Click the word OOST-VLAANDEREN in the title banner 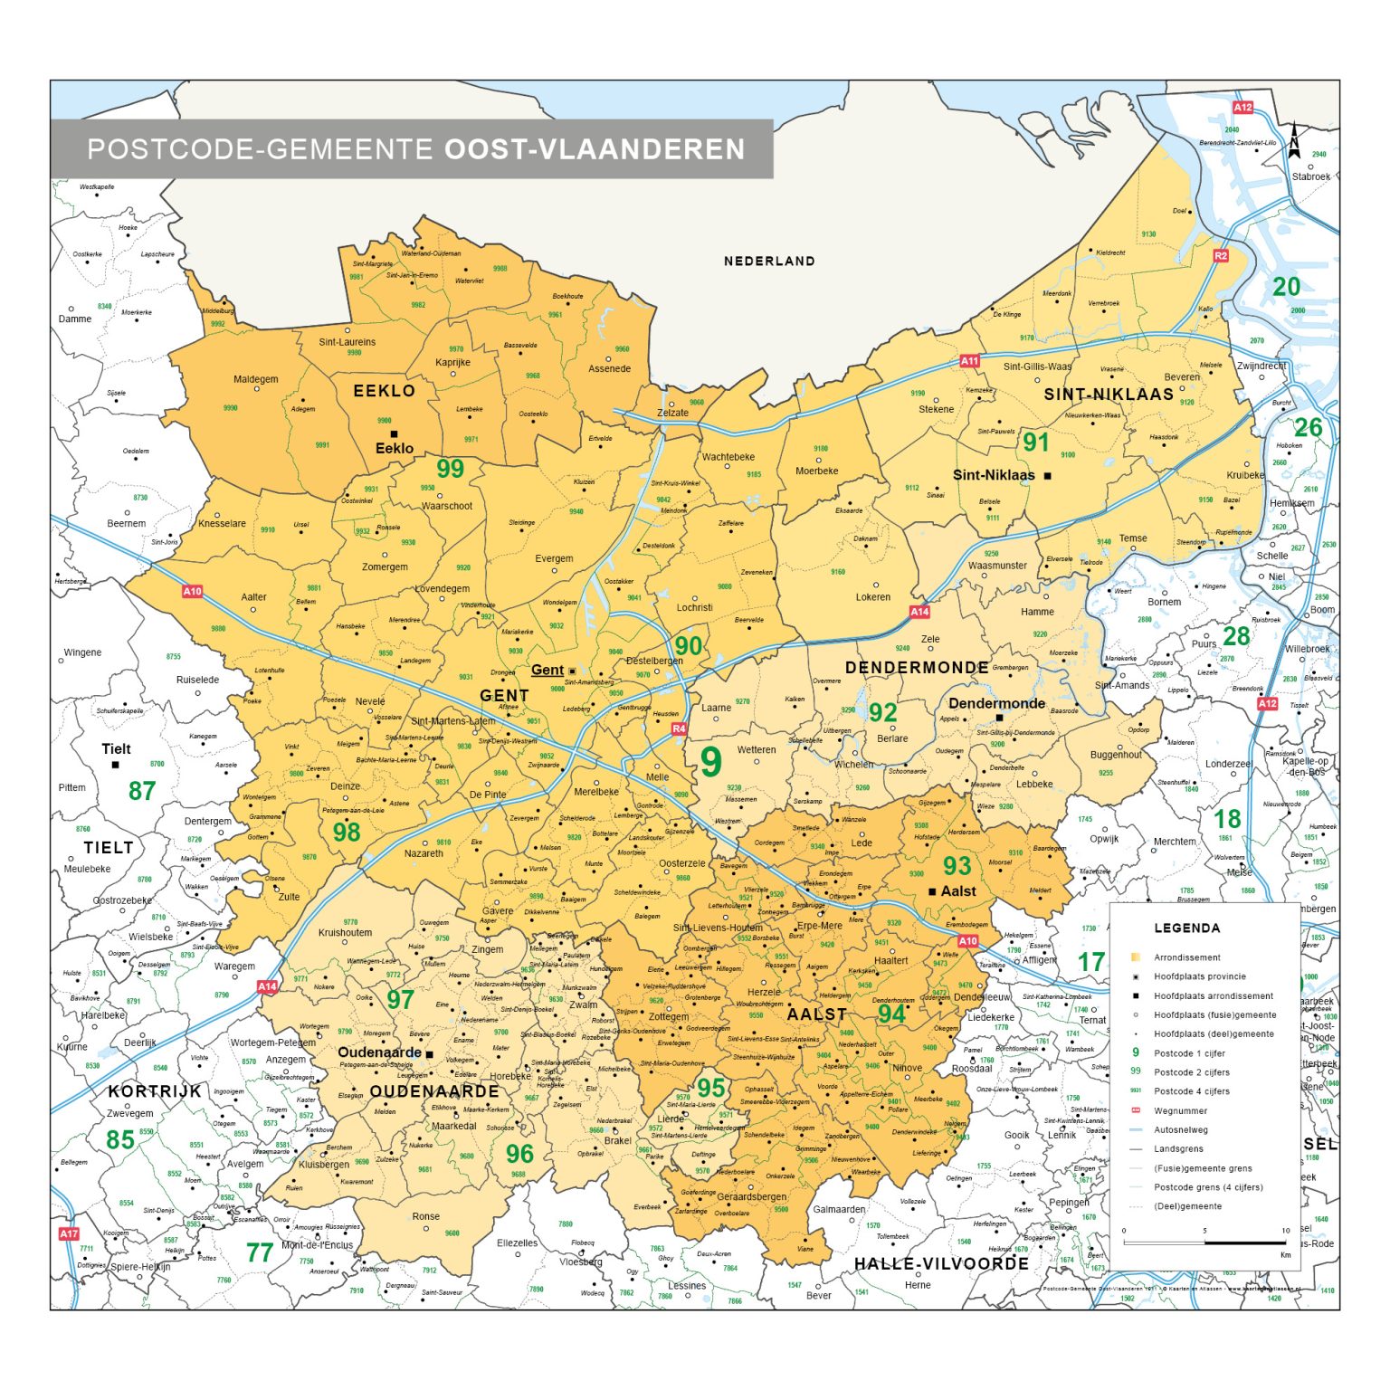click(x=595, y=149)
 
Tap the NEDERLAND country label click(x=769, y=262)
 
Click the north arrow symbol click(x=1294, y=142)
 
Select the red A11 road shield click(x=969, y=361)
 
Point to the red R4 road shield click(x=679, y=728)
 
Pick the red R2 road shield click(x=1221, y=256)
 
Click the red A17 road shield click(x=69, y=1233)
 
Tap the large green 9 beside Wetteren click(x=711, y=763)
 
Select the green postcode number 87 click(x=142, y=791)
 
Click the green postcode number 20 click(x=1286, y=287)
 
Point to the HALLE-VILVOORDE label click(x=941, y=1263)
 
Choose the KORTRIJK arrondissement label click(x=155, y=1091)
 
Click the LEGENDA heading click(x=1186, y=928)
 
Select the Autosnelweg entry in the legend click(x=1181, y=1129)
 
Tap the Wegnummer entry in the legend click(x=1180, y=1110)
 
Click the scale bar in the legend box click(x=1205, y=1242)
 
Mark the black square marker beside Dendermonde click(x=1000, y=718)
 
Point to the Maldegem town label click(x=256, y=379)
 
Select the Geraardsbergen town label click(x=751, y=1196)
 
